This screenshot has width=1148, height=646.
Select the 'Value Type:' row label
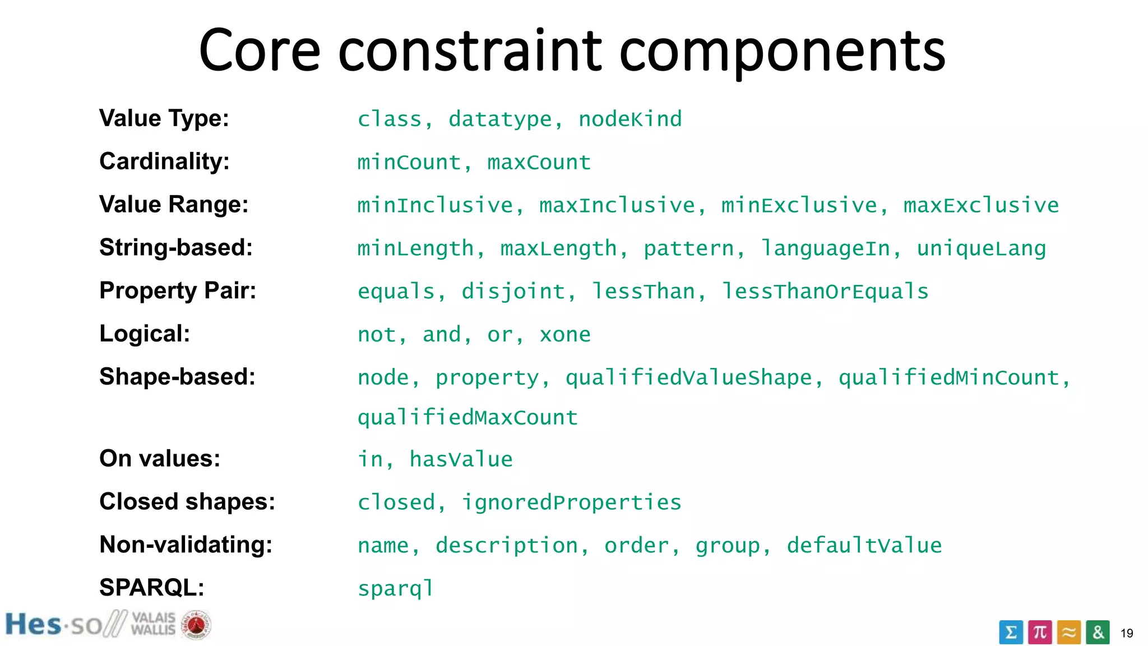[164, 118]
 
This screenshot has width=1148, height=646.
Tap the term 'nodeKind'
[630, 119]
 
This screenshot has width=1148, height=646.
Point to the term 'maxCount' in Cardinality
[539, 163]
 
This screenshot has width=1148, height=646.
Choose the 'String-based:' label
[176, 247]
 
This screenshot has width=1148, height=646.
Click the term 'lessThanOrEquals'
[825, 292]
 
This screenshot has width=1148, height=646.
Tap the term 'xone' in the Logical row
[565, 335]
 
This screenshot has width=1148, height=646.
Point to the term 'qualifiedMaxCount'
[467, 418]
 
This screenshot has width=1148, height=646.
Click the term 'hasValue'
[461, 460]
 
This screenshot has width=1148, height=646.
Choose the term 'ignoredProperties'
[571, 502]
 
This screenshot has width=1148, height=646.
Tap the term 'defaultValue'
[864, 546]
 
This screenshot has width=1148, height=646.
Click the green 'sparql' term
[396, 589]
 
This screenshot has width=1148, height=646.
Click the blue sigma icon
[1011, 633]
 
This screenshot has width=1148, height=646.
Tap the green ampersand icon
[1098, 632]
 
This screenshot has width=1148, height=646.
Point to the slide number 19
[1127, 633]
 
